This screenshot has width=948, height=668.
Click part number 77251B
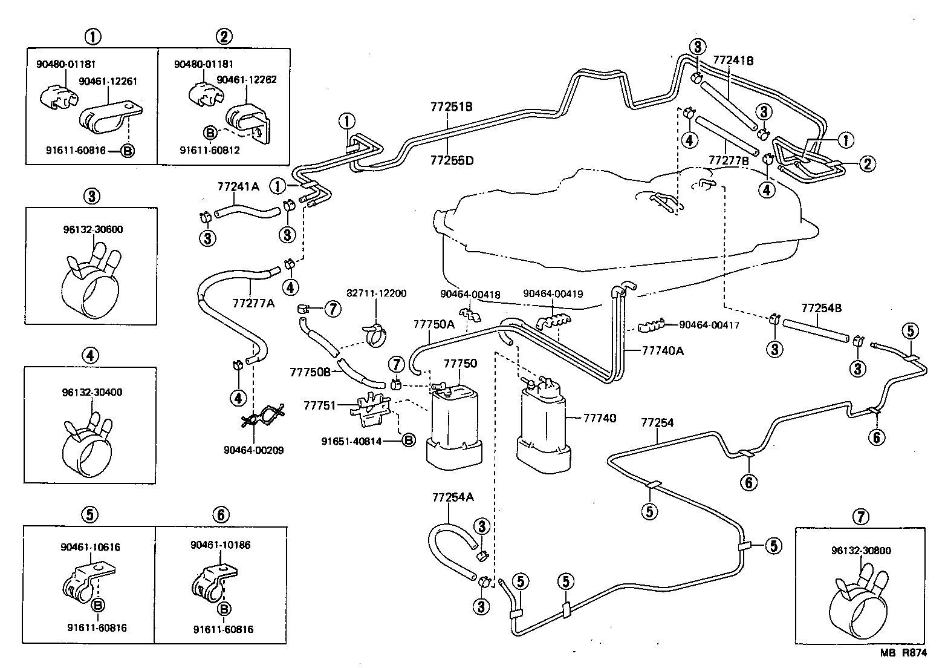pos(451,107)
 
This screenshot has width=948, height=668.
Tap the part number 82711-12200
pos(376,293)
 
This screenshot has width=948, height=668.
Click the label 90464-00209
pos(253,450)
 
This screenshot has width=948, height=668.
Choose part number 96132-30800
pos(860,551)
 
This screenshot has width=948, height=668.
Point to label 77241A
pos(238,186)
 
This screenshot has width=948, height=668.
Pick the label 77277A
pos(253,302)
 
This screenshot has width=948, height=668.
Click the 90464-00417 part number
pos(709,325)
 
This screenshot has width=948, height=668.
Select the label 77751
pos(320,406)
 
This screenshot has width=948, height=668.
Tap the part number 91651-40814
pos(351,441)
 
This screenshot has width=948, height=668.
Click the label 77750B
pos(310,370)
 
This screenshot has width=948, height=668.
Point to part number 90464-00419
pos(553,294)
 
